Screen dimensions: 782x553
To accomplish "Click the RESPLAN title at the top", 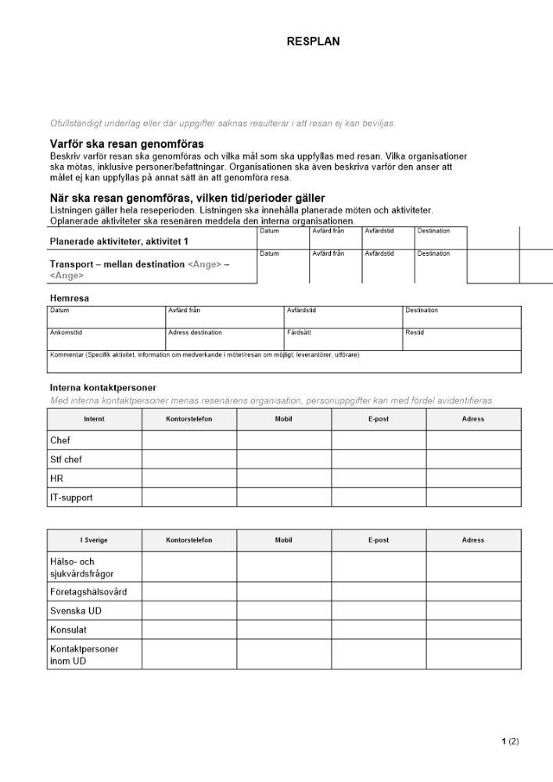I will [314, 42].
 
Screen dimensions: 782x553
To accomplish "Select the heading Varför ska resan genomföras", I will [127, 144].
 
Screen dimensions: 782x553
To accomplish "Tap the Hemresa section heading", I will [70, 298].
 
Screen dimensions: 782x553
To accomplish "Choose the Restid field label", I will [415, 332].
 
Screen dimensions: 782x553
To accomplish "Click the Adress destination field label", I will [195, 332].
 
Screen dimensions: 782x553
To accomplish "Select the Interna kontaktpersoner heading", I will [102, 388].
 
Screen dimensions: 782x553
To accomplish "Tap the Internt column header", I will [94, 419].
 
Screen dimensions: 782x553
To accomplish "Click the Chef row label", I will [60, 440].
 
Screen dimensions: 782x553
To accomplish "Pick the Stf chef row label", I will [66, 459].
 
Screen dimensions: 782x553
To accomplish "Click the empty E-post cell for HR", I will [379, 478].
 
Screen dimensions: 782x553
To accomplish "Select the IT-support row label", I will [71, 497].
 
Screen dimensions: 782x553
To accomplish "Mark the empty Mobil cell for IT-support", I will [283, 497].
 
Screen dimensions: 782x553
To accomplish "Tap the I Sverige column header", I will [94, 540].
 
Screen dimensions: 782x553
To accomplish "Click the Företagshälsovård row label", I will [88, 591].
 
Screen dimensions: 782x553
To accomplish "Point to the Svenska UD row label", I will [76, 611].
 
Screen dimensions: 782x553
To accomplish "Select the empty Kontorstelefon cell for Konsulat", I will [189, 630].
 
